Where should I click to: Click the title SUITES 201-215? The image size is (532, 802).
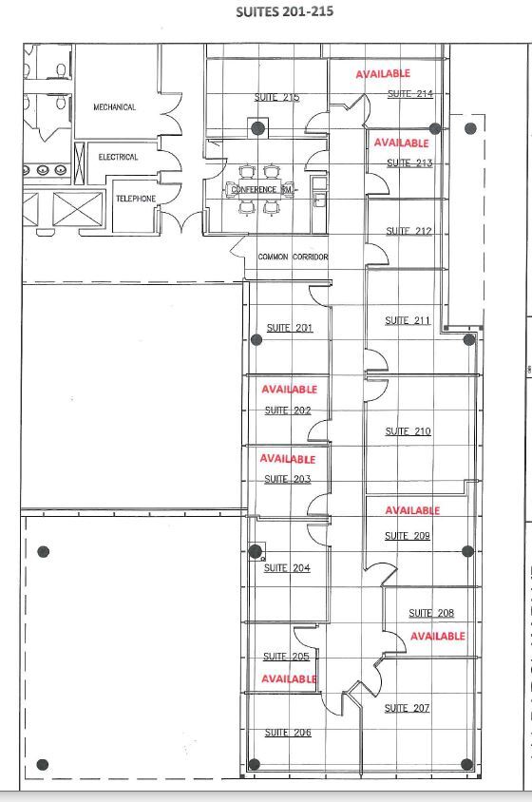285,11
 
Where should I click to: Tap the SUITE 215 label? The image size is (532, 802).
277,97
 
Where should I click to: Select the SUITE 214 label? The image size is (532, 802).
410,93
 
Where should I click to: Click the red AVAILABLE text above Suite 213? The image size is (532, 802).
401,143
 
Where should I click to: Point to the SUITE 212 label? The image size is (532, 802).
408,231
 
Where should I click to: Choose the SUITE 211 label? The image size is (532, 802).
408,320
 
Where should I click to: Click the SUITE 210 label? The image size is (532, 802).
408,431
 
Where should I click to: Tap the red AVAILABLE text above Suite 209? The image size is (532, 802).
412,510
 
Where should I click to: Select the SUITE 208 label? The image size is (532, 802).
431,613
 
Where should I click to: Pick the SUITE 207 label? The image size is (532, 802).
407,708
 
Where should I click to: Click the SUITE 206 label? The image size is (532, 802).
288,733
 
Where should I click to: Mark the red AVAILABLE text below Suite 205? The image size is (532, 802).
289,678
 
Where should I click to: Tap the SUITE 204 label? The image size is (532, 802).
287,568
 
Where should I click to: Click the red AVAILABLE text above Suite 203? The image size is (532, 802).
288,459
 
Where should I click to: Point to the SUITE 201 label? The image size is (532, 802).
290,328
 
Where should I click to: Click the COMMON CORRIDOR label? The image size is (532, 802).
293,257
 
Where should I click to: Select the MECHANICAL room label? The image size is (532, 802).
114,107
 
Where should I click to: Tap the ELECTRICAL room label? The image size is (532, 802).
118,157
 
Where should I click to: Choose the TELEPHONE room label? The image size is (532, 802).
135,199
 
